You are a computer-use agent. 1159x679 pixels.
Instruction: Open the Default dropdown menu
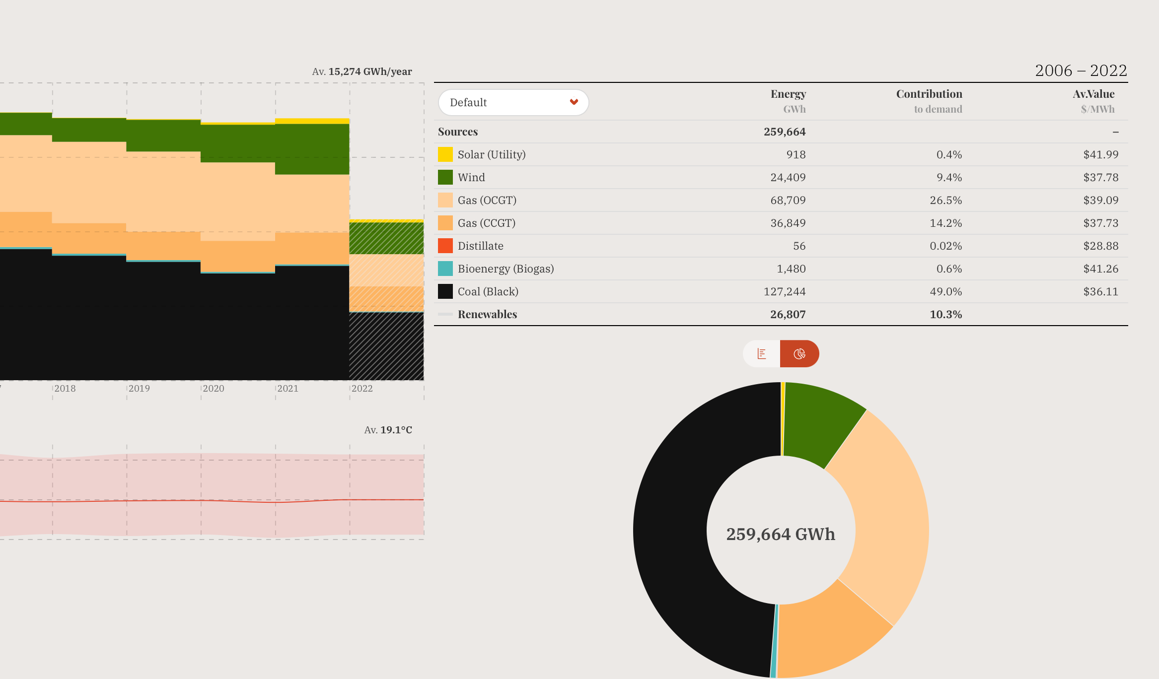point(513,102)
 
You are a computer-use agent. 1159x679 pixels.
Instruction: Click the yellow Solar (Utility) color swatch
point(445,154)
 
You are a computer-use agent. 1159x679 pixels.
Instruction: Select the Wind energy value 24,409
point(788,177)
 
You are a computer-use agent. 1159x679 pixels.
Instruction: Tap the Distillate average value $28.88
point(1100,246)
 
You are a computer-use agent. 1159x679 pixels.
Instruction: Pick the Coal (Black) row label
point(488,291)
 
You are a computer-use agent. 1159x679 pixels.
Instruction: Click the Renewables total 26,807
point(788,314)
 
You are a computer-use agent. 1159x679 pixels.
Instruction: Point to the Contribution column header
point(929,94)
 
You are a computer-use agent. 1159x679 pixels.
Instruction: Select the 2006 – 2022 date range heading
point(1081,70)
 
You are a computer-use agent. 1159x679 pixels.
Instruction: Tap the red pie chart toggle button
point(799,353)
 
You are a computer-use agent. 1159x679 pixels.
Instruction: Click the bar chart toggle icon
point(762,353)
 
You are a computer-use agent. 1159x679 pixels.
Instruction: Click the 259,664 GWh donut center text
point(780,534)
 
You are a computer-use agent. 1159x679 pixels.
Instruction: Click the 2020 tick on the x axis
point(214,389)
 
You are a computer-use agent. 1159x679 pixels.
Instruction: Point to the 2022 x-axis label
point(362,389)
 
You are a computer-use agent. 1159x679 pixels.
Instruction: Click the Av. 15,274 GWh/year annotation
point(362,71)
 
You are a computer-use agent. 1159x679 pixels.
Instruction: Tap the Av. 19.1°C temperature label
point(388,430)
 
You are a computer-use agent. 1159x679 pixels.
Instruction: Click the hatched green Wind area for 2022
point(386,238)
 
